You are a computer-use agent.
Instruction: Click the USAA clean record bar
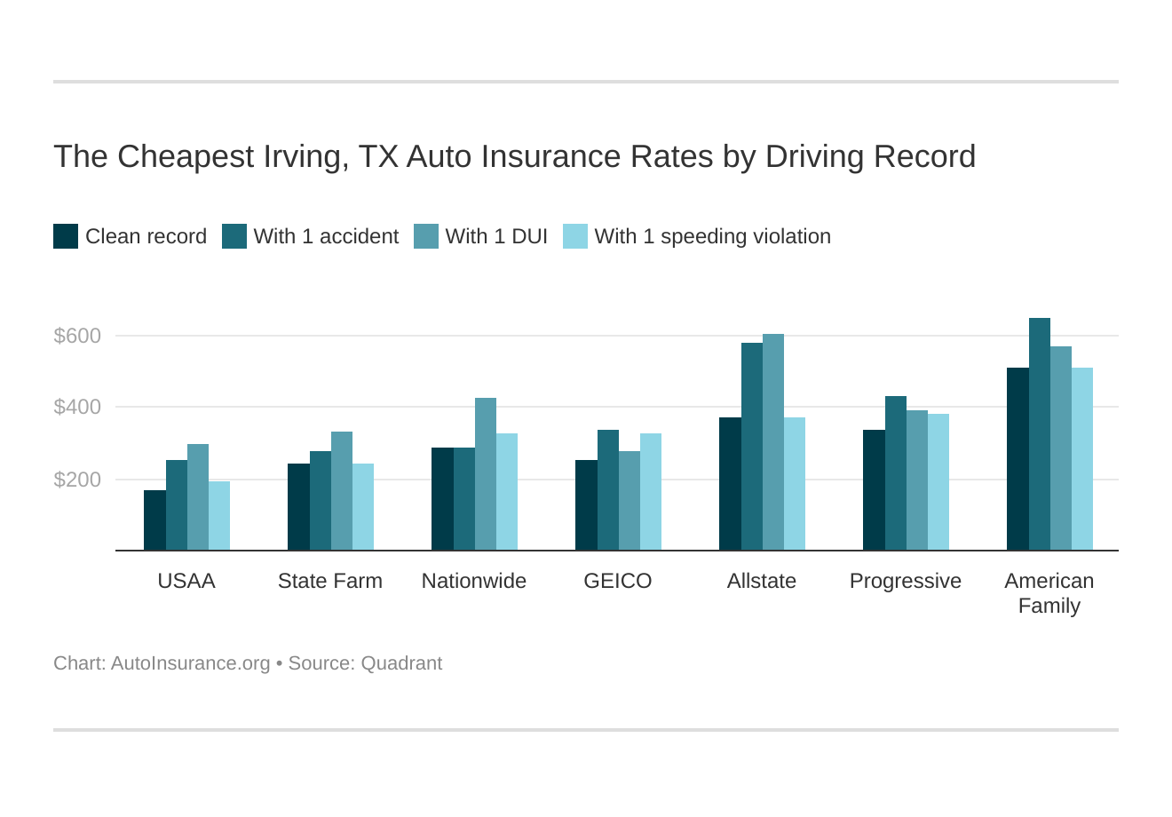pos(154,520)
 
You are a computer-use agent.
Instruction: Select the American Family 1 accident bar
pos(1039,434)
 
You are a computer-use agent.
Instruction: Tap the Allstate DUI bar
pos(772,442)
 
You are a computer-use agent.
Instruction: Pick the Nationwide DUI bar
pos(485,474)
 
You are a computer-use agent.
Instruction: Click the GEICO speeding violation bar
pos(650,492)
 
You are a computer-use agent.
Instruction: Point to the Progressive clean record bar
pos(874,490)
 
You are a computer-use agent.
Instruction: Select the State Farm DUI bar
pos(341,491)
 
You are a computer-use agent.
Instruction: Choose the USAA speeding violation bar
pos(219,516)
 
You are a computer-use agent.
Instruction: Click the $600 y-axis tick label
pos(77,336)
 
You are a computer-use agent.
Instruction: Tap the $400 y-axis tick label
pos(77,407)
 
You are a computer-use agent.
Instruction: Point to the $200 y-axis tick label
pos(77,480)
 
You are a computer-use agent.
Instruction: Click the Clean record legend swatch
pos(66,236)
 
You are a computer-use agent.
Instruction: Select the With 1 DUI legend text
pos(496,236)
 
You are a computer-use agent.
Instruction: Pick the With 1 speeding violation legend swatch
pos(575,236)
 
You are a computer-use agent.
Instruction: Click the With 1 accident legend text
pos(326,236)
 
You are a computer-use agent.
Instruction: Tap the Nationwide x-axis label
pos(473,581)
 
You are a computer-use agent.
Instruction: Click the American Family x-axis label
pos(1049,593)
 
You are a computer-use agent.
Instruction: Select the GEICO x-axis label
pos(617,581)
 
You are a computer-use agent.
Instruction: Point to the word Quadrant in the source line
pos(401,663)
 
